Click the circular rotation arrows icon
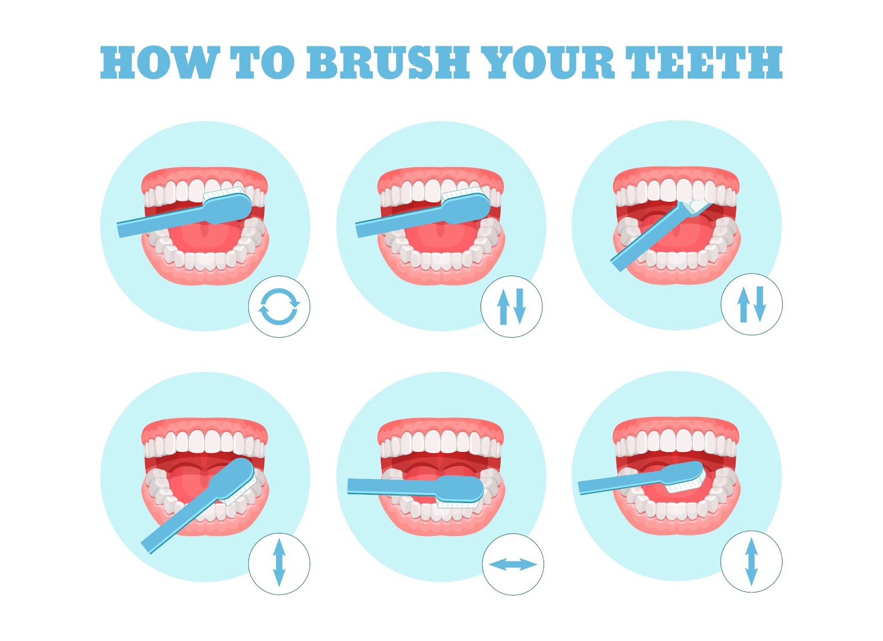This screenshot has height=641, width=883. tap(279, 306)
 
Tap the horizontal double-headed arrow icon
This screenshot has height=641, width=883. tap(513, 564)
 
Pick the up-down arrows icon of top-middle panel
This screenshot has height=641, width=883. tap(512, 306)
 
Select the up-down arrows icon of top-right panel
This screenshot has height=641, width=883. tap(752, 304)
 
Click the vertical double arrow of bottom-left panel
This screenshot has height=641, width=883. tap(279, 563)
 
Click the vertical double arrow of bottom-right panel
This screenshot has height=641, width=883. tap(752, 562)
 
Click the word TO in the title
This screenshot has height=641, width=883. tap(262, 62)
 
